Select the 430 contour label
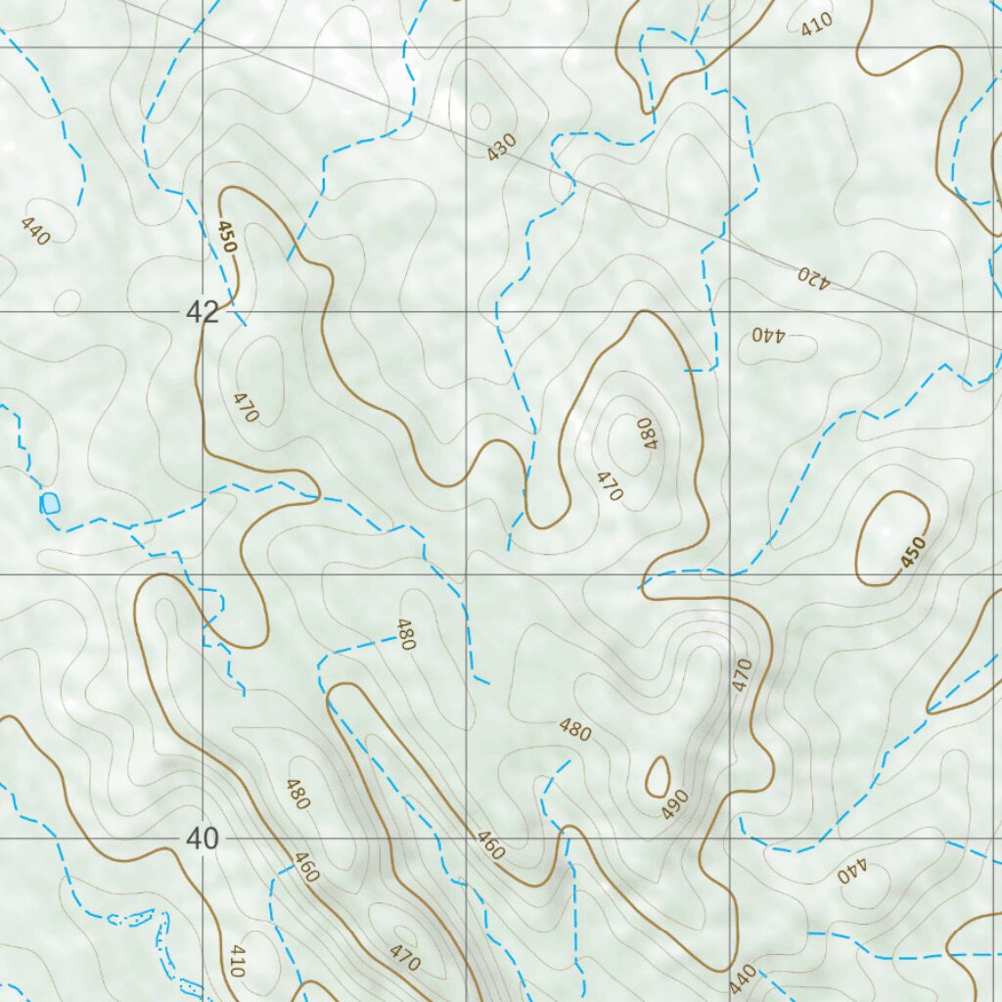pos(501,148)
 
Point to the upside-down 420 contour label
pos(811,277)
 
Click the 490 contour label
pos(675,803)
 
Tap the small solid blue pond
pos(49,504)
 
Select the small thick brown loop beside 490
pos(658,776)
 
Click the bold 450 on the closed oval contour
pos(912,554)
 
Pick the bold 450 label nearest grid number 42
pos(226,238)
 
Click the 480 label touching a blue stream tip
pos(406,635)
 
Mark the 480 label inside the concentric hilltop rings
pos(646,432)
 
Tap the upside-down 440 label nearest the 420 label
pos(769,335)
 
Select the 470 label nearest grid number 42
pos(245,407)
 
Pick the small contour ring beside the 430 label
pos(479,116)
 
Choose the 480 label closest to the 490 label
pos(574,730)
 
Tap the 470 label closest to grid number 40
pos(404,958)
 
